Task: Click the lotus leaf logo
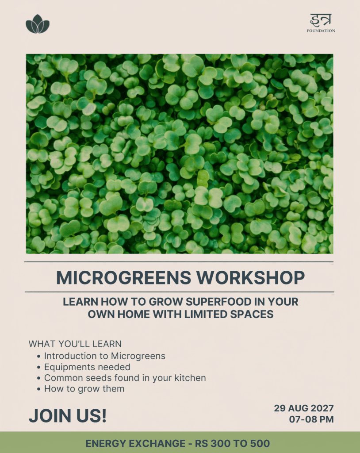[x=38, y=24]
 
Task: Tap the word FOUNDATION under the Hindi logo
[x=321, y=31]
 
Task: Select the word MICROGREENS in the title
[x=123, y=278]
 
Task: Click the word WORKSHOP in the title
[x=250, y=278]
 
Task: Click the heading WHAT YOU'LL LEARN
[x=75, y=344]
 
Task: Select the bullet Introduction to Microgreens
[x=104, y=356]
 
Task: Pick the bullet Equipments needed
[x=87, y=367]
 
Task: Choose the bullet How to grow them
[x=84, y=389]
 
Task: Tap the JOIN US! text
[x=68, y=415]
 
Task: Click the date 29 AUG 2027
[x=304, y=408]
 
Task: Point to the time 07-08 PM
[x=311, y=419]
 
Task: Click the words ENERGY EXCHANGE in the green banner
[x=135, y=443]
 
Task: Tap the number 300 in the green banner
[x=220, y=443]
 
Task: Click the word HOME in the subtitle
[x=132, y=314]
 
